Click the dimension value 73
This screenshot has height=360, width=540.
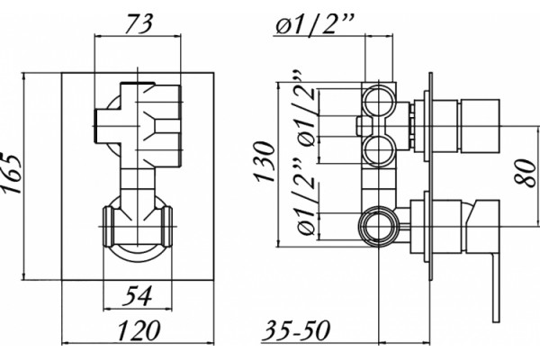click(x=139, y=24)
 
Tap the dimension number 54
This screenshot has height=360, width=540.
click(x=138, y=296)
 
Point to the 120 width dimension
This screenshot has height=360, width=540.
click(x=139, y=330)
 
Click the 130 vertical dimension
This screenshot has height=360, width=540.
click(x=265, y=161)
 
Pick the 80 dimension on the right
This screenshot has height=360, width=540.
click(x=526, y=172)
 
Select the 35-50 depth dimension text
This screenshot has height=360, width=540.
click(x=296, y=330)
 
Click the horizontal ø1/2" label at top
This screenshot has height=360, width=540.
click(x=314, y=24)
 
